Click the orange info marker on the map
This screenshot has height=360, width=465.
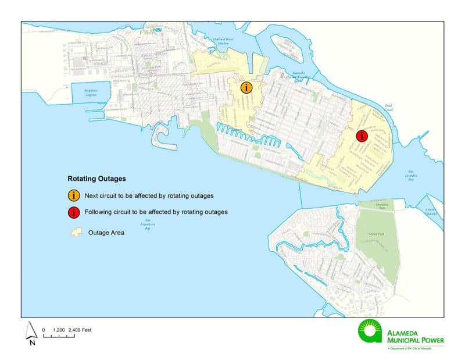[247, 88]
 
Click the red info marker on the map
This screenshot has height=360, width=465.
[362, 136]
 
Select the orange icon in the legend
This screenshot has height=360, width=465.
[75, 195]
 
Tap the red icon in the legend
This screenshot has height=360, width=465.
[75, 212]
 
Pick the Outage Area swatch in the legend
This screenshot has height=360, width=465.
[75, 232]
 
